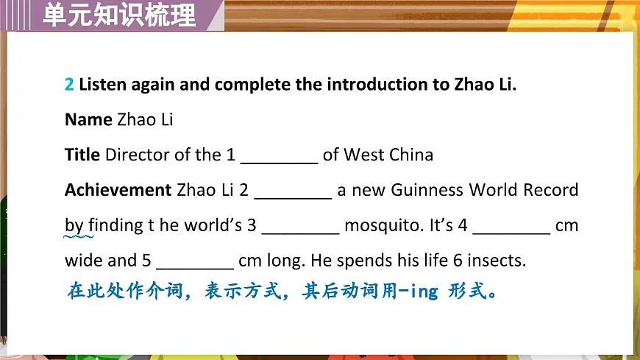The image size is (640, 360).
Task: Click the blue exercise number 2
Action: coord(69,85)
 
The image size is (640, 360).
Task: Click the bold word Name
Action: coord(88,119)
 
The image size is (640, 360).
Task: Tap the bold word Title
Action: coord(82,155)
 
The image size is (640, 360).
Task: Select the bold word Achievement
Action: coord(118,190)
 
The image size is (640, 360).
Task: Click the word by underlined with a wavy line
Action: coord(74,225)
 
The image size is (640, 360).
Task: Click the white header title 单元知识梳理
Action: coord(119,14)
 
